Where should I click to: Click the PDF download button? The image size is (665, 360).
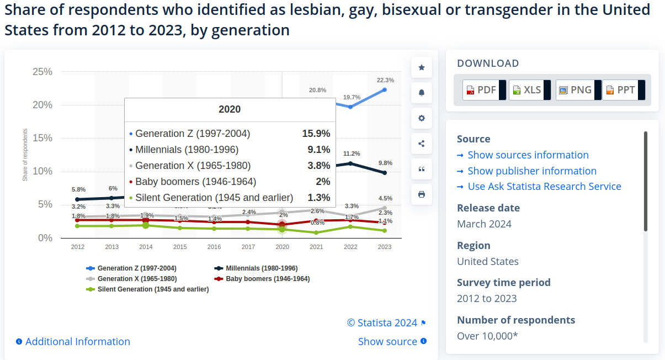click(x=481, y=90)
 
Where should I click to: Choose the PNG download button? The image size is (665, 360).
click(x=574, y=90)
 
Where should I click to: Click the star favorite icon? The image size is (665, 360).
click(x=422, y=67)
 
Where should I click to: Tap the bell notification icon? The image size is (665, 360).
click(x=422, y=93)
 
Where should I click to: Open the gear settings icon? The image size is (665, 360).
click(x=422, y=118)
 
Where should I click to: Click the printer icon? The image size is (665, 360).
click(x=422, y=194)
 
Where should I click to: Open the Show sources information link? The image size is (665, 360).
click(x=528, y=155)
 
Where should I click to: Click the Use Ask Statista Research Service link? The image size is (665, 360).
click(x=544, y=187)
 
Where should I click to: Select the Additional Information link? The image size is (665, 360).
click(x=77, y=342)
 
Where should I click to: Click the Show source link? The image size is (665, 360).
click(x=387, y=342)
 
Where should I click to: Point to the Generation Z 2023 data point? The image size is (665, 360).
click(x=385, y=89)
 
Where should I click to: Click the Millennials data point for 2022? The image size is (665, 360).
click(x=350, y=163)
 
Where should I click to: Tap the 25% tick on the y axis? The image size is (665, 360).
click(x=42, y=72)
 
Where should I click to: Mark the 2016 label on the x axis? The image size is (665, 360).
click(x=214, y=247)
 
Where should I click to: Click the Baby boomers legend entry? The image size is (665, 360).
click(x=267, y=279)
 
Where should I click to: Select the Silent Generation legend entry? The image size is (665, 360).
click(x=152, y=289)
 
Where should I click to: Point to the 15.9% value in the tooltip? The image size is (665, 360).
click(x=316, y=134)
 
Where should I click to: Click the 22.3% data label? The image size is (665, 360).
click(x=385, y=80)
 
